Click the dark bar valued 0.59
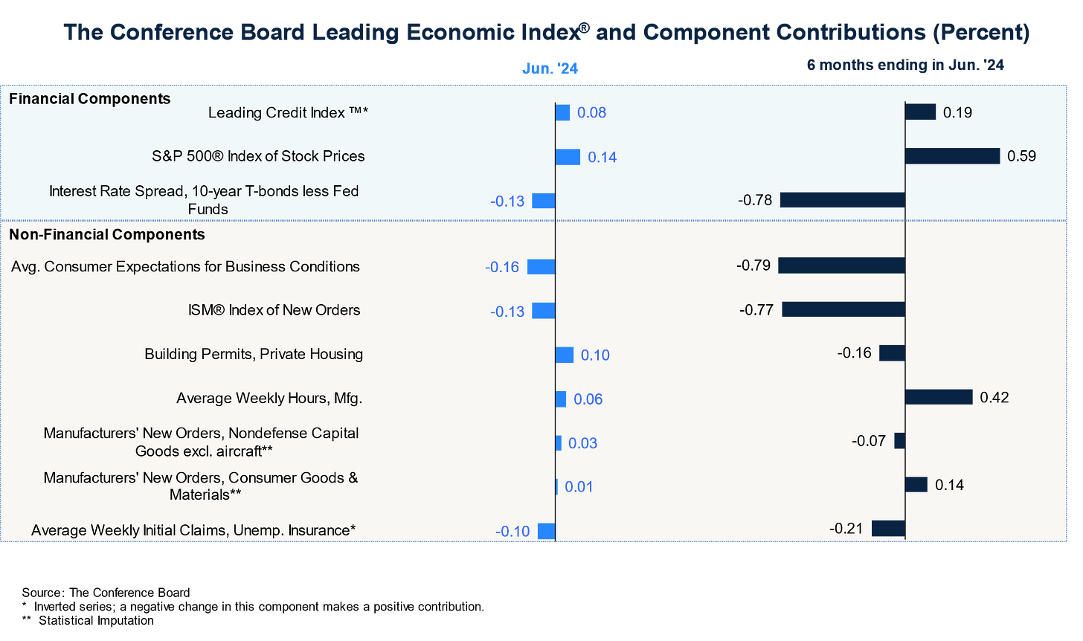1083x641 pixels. [952, 156]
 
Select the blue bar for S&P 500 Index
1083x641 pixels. [568, 157]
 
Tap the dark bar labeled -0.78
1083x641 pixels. [842, 200]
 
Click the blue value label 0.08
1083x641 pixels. [592, 113]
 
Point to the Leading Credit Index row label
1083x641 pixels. [289, 113]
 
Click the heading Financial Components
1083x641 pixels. [89, 99]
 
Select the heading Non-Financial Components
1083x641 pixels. [107, 235]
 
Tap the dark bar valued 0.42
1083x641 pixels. [939, 397]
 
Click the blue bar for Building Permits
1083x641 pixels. [565, 355]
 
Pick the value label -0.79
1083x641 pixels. [753, 265]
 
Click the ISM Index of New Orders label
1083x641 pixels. [274, 310]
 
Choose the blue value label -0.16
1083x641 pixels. [502, 267]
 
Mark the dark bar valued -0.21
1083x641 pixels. [888, 529]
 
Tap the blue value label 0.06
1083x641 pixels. [588, 399]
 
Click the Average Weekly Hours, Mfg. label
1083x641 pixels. [269, 399]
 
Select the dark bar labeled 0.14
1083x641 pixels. [916, 485]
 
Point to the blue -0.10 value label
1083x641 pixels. [512, 532]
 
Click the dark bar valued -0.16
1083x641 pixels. [892, 353]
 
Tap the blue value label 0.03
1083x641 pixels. [583, 443]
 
